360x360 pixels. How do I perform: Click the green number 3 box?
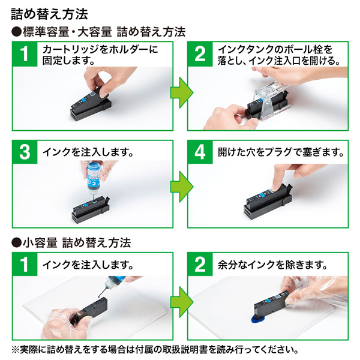coord(24,152)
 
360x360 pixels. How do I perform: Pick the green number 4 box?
coord(199,152)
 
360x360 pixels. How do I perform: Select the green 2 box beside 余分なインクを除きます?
coord(199,265)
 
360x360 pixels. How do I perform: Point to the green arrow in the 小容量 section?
coord(179,297)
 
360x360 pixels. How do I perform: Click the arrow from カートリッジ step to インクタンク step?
coord(179,92)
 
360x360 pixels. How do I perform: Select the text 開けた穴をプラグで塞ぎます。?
coord(281,152)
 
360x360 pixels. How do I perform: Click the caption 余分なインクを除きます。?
coord(272,265)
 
